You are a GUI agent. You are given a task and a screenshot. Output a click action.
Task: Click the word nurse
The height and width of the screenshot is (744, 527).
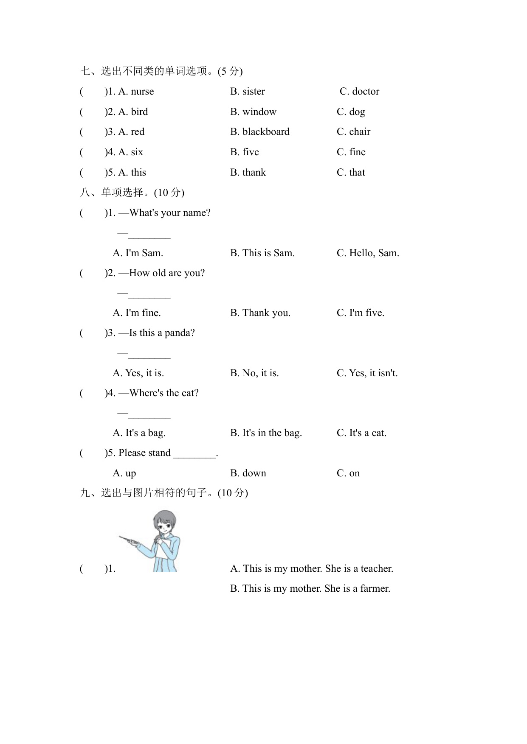click(x=142, y=92)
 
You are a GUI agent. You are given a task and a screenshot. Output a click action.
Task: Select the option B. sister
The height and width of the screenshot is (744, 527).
click(x=248, y=92)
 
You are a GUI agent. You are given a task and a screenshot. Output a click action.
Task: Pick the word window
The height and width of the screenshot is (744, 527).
click(x=259, y=112)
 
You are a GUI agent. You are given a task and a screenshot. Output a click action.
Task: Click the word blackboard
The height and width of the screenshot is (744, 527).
click(x=266, y=132)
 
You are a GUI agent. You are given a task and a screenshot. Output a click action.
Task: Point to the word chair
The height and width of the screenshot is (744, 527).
click(x=360, y=132)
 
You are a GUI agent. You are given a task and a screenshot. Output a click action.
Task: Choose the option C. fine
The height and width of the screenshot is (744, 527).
click(x=351, y=152)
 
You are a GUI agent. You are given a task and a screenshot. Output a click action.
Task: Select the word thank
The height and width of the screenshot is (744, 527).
click(x=254, y=173)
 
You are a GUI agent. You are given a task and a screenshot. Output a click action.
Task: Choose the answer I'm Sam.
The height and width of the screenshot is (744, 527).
click(x=144, y=253)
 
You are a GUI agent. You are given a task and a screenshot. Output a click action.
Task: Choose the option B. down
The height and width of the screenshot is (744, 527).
click(x=248, y=473)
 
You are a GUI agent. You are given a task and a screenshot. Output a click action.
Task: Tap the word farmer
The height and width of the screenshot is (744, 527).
click(x=375, y=589)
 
